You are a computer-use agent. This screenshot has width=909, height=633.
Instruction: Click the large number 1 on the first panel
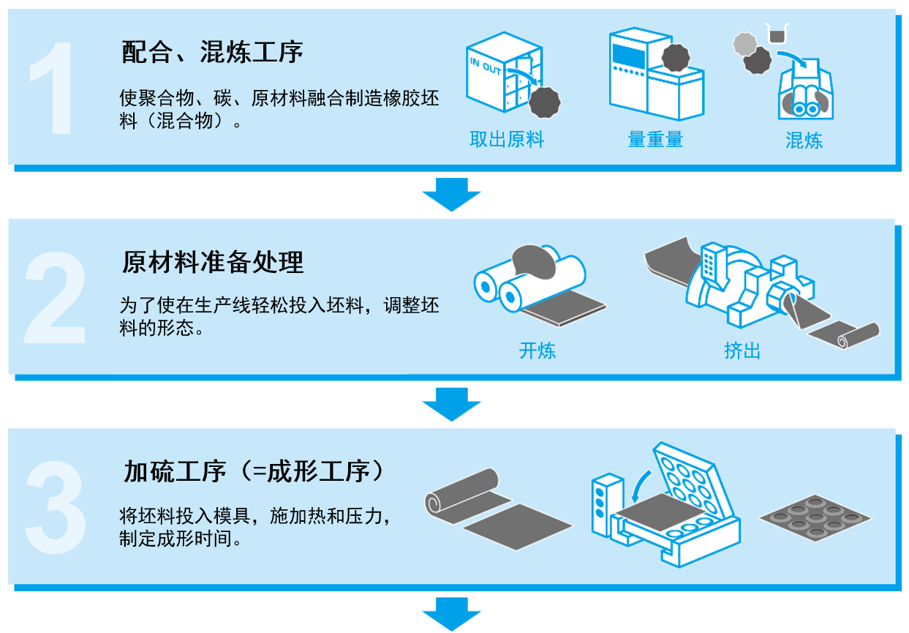(x=53, y=88)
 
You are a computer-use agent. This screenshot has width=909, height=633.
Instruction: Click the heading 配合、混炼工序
(x=212, y=52)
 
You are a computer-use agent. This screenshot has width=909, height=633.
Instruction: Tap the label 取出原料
(x=507, y=140)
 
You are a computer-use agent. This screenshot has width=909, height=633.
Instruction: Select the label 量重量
(x=655, y=140)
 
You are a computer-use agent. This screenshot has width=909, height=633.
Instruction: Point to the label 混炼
(x=804, y=140)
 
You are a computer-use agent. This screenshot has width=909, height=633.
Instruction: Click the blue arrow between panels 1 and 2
(x=451, y=194)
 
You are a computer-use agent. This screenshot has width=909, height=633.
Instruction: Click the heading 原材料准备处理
(x=212, y=263)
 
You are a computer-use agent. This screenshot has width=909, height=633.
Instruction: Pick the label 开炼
(x=538, y=351)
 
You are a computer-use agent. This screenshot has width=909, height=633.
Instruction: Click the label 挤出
(x=742, y=351)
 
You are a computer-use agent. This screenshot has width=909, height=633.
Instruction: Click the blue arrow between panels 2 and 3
(x=451, y=404)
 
